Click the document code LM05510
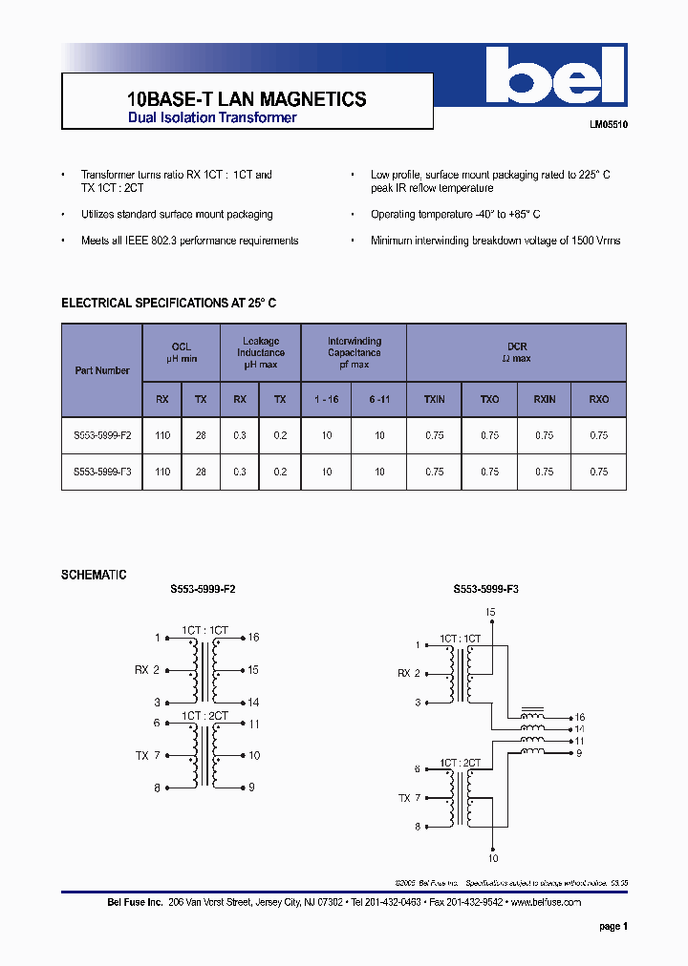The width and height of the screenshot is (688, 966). [608, 125]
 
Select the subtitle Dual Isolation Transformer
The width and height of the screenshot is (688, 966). [212, 117]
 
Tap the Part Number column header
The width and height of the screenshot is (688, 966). [102, 370]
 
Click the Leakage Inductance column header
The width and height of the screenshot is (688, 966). [260, 352]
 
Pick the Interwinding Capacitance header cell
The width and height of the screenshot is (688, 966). [354, 352]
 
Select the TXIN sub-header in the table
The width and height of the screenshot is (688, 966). [434, 399]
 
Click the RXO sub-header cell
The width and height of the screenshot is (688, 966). [598, 399]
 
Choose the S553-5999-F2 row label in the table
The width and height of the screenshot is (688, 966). [102, 435]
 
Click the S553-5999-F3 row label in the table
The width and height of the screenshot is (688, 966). [102, 472]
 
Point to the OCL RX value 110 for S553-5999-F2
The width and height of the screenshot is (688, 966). [162, 435]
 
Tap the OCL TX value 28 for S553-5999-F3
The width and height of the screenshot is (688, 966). [201, 472]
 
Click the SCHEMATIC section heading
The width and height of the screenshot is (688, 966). [94, 575]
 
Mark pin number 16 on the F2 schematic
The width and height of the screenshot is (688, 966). [253, 637]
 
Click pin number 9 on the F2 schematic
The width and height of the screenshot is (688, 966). [251, 787]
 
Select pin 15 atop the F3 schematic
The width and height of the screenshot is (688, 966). [490, 612]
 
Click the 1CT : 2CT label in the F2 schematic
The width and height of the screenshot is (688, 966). [205, 715]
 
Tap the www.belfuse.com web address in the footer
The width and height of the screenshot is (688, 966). [546, 902]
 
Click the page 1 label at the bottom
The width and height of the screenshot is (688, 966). [613, 926]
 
